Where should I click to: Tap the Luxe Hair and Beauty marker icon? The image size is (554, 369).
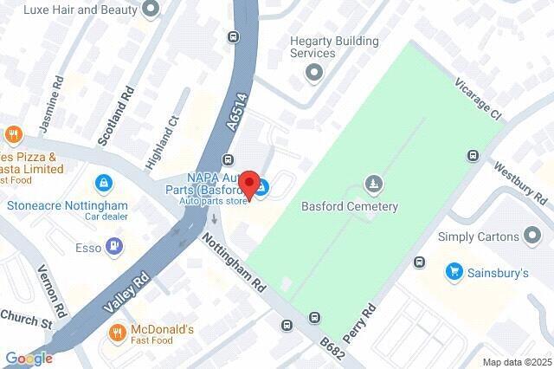(x=152, y=10)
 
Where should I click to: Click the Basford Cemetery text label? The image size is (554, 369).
(x=349, y=207)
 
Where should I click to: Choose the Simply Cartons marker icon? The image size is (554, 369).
(x=533, y=236)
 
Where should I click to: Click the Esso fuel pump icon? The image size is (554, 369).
(x=114, y=247)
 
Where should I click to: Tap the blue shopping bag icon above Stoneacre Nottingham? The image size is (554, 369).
(x=103, y=184)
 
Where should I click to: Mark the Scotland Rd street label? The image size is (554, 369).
(x=118, y=114)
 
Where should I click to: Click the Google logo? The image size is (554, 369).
(x=29, y=358)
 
